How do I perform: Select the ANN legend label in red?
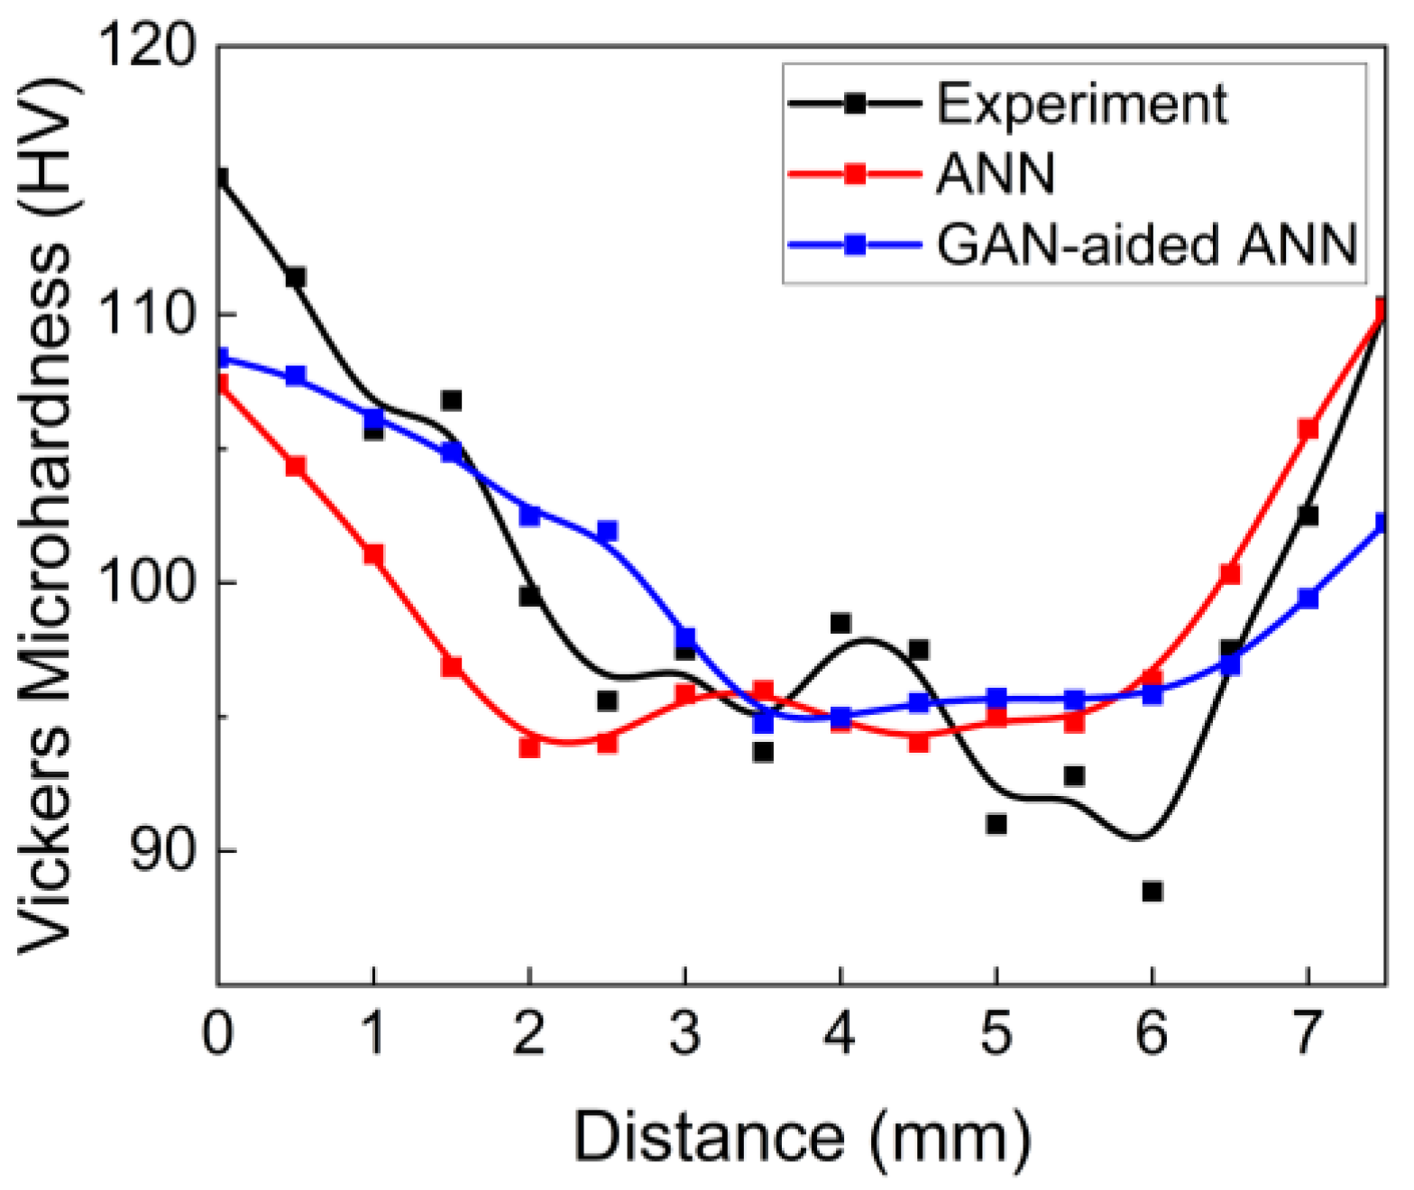tap(996, 173)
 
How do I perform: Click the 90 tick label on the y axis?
tap(163, 850)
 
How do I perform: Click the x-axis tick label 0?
tap(217, 1033)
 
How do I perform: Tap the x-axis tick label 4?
tap(840, 1033)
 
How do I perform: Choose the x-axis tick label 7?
tap(1308, 1033)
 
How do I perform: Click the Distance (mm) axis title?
tap(801, 1139)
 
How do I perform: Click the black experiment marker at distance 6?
tap(1152, 892)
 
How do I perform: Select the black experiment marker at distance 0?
tap(220, 177)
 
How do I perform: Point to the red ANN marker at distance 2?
tap(529, 747)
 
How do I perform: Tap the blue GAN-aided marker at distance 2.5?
tap(607, 531)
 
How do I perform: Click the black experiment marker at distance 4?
tap(840, 623)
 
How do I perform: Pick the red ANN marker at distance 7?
tap(1308, 429)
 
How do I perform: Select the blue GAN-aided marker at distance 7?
tap(1308, 598)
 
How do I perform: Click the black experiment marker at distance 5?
tap(996, 824)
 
